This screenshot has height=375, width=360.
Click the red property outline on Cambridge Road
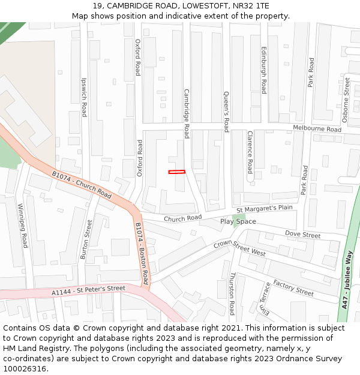pos(177,172)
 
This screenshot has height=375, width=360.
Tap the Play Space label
pos(238,221)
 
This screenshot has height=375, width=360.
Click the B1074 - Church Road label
pos(82,185)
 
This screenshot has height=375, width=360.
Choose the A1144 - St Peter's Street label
pos(88,291)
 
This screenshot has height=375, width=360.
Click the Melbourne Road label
pos(317,128)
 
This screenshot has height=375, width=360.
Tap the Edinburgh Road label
pos(263,70)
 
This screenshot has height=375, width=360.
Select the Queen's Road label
pos(226,111)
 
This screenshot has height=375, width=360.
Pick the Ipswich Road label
pos(84,96)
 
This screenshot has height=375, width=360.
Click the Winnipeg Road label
pos(23,225)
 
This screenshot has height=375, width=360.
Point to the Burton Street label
pos(86,239)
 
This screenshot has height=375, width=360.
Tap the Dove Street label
pos(303,235)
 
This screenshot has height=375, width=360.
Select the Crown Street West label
pos(240,248)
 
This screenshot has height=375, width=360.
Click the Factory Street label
pos(293,287)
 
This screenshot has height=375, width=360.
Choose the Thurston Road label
pos(232,293)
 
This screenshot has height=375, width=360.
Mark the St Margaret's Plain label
pos(265,208)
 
